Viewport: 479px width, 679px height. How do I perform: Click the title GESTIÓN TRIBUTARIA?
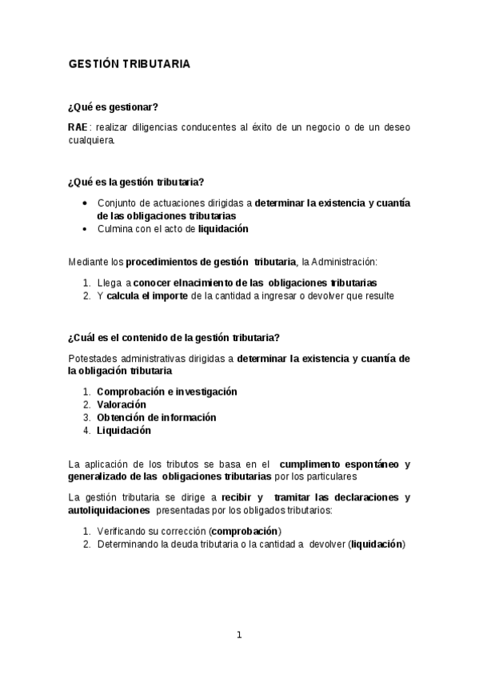pos(129,64)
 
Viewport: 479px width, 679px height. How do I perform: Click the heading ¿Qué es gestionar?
pos(113,108)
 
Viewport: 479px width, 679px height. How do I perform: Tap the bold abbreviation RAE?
pos(78,127)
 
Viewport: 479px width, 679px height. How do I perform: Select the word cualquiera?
pos(91,140)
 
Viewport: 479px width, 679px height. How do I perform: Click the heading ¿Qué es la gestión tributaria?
pos(141,183)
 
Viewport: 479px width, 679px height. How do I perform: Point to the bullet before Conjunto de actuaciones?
pos(86,203)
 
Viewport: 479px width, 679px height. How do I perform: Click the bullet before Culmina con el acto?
pos(86,229)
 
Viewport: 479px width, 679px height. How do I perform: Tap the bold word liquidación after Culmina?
pos(223,229)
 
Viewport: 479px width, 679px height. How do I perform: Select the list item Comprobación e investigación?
pos(166,392)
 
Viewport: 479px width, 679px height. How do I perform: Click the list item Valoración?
pos(121,404)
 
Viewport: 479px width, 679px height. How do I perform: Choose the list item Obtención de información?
pos(156,417)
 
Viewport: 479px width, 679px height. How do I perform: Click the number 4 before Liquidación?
pos(86,430)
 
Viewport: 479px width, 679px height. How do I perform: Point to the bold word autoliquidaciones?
pos(109,509)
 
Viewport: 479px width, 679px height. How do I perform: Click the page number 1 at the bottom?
pos(238,635)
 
